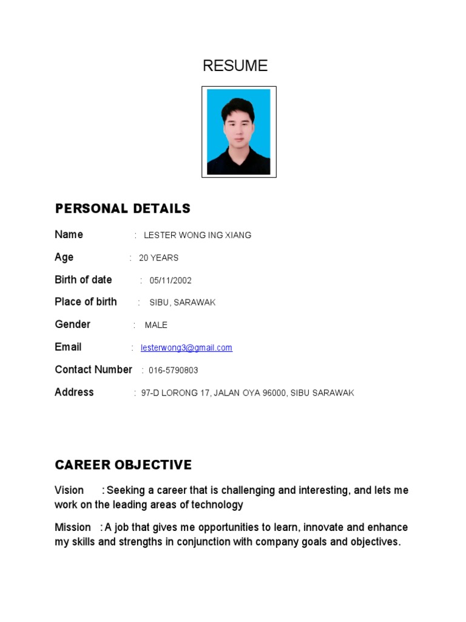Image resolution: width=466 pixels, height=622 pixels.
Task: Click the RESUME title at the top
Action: pyautogui.click(x=235, y=66)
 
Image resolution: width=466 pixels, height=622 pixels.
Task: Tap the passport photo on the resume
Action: pyautogui.click(x=238, y=132)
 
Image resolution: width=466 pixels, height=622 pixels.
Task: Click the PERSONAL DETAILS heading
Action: pyautogui.click(x=123, y=209)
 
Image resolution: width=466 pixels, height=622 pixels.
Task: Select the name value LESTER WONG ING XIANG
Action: pyautogui.click(x=197, y=235)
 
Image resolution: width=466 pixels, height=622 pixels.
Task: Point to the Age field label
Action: pyautogui.click(x=64, y=257)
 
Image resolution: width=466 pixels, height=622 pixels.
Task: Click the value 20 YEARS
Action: pyautogui.click(x=158, y=258)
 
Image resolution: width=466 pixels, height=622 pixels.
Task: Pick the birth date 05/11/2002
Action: pyautogui.click(x=171, y=280)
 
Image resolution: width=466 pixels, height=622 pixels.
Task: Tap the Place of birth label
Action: pyautogui.click(x=86, y=302)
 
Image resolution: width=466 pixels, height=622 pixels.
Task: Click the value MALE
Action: pyautogui.click(x=156, y=325)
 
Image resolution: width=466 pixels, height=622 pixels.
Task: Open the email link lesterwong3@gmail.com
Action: pyautogui.click(x=186, y=347)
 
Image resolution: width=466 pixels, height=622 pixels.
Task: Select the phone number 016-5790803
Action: pyautogui.click(x=173, y=370)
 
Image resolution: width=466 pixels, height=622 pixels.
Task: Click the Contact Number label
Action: pyautogui.click(x=93, y=369)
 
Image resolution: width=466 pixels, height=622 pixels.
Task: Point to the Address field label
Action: pyautogui.click(x=74, y=392)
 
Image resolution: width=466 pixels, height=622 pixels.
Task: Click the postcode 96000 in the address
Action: pyautogui.click(x=273, y=393)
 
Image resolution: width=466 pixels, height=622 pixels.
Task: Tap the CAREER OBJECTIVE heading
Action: pyautogui.click(x=123, y=465)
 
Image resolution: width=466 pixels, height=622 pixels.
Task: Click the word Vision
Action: pyautogui.click(x=69, y=490)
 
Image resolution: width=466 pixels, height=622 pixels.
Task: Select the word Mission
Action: pyautogui.click(x=73, y=527)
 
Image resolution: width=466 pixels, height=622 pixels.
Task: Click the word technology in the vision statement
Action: pyautogui.click(x=217, y=505)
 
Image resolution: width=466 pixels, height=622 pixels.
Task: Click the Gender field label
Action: pyautogui.click(x=72, y=324)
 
